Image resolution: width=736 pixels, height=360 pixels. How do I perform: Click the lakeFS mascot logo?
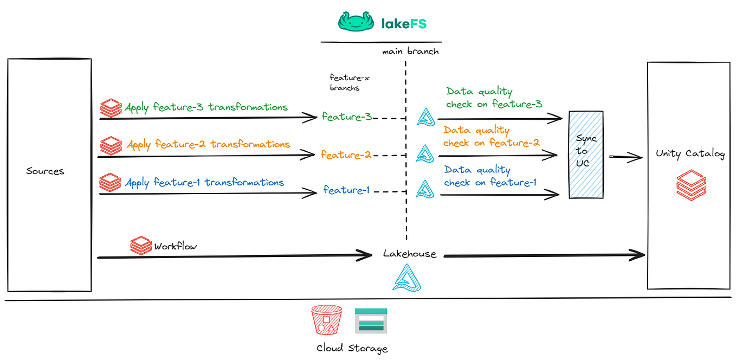pos(357,21)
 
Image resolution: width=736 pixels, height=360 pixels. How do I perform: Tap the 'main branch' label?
pos(410,52)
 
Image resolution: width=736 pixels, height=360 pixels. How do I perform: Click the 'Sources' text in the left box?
pos(45,171)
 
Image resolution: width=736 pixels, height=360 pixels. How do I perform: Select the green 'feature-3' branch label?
pos(346,117)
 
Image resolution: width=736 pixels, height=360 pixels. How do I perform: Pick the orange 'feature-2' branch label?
pos(346,155)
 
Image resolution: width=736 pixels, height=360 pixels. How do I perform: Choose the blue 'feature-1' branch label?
pos(346,190)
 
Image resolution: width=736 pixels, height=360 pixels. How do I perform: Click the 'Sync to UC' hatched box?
pos(586,154)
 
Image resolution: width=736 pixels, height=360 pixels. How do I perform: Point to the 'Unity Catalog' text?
pos(689,154)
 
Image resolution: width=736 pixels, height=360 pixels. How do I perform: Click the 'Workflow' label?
pos(176,246)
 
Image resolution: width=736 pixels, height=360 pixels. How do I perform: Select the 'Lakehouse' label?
pos(409,254)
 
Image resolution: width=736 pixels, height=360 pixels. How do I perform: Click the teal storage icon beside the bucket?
pos(371,320)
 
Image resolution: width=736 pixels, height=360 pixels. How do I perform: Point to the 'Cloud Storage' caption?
pos(352,348)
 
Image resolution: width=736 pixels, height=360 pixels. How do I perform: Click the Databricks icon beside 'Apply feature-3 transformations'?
pos(111,108)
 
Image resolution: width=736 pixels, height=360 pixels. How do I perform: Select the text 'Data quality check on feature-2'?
pos(491,137)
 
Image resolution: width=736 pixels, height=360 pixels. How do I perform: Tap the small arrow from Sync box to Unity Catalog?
pos(624,157)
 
